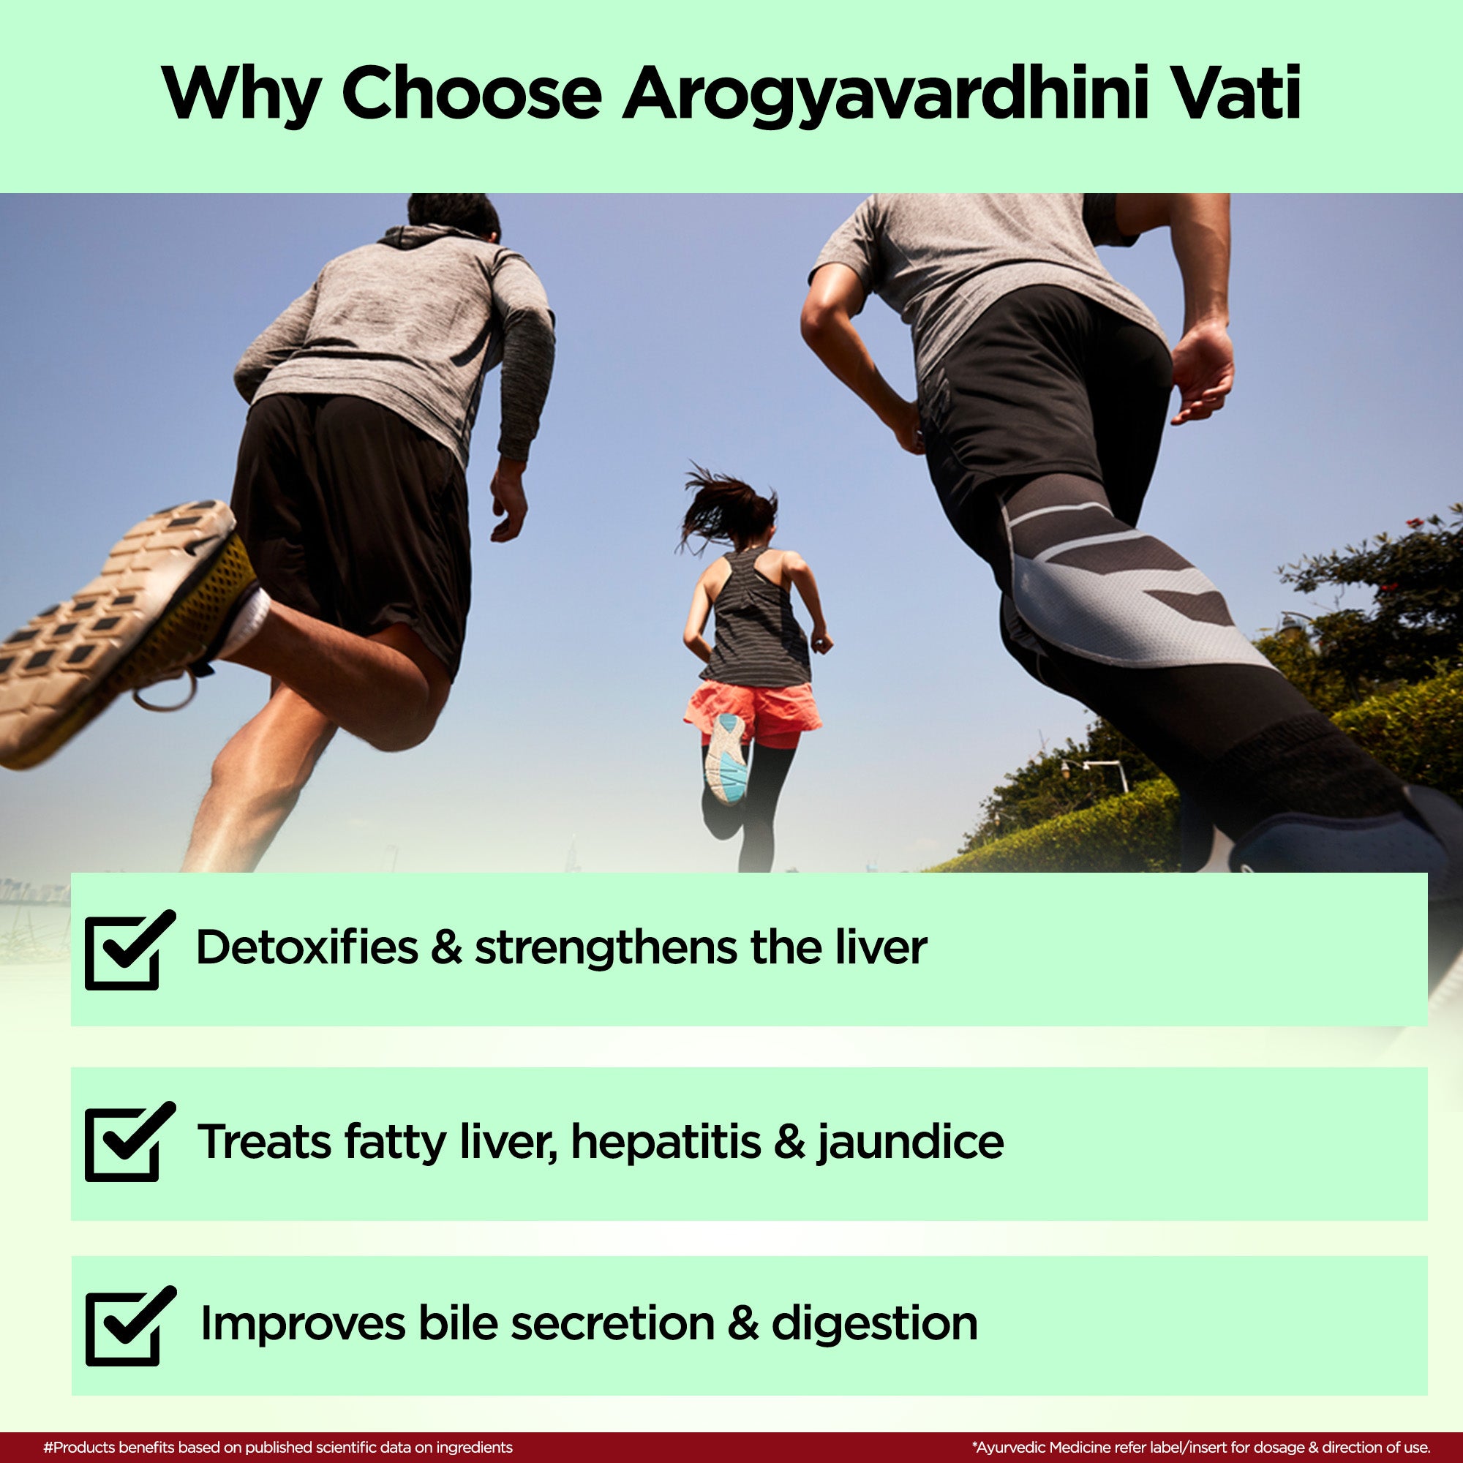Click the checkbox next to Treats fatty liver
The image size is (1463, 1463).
[129, 1141]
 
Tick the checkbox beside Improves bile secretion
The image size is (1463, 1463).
[129, 1326]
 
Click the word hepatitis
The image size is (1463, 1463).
[666, 1142]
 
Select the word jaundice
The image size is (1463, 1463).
[910, 1143]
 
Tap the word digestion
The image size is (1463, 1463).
[875, 1325]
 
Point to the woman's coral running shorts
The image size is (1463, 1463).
[753, 708]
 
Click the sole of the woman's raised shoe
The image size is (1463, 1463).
[726, 758]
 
